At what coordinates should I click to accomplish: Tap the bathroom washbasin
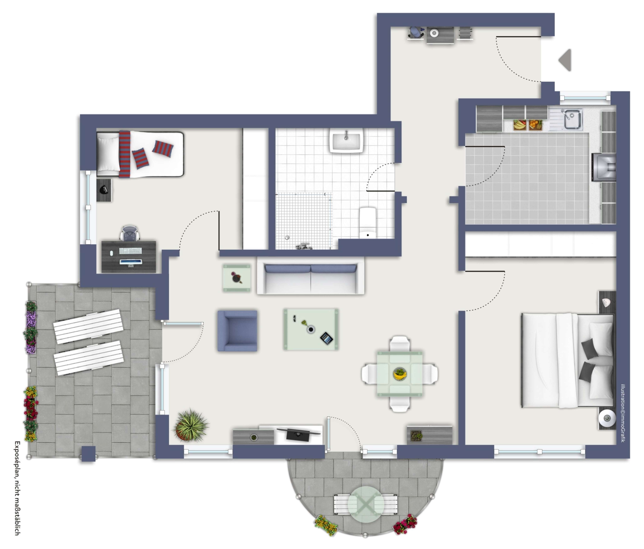[x=346, y=141]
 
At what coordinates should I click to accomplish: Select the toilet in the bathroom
[x=368, y=223]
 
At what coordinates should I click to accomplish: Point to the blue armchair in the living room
[x=237, y=331]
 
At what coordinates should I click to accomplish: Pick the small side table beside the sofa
[x=237, y=278]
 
